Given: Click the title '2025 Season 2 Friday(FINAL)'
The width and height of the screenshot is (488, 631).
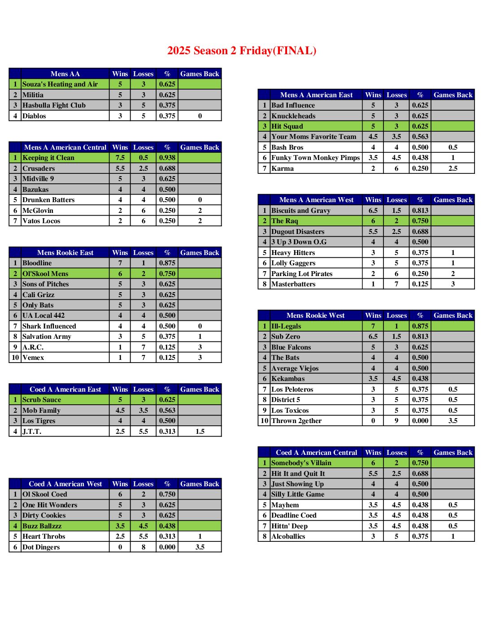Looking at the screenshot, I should click(x=242, y=51).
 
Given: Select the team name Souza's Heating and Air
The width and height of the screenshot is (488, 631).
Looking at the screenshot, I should click(x=60, y=84).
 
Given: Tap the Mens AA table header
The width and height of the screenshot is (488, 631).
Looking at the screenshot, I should click(x=65, y=74).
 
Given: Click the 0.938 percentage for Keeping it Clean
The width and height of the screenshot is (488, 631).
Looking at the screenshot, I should click(x=167, y=158).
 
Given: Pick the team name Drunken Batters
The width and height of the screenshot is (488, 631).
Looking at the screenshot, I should click(x=48, y=200).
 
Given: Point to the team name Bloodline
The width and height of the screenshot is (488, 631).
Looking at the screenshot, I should click(x=37, y=263).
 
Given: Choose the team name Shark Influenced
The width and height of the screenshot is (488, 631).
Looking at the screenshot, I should click(x=49, y=326).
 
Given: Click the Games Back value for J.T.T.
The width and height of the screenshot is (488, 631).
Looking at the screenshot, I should click(x=200, y=432).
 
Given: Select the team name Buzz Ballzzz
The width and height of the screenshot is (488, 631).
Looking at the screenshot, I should click(x=42, y=526).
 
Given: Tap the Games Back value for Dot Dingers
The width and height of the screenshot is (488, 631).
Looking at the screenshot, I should click(x=200, y=547).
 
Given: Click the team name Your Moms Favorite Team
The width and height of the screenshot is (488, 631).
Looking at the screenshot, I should click(x=314, y=137).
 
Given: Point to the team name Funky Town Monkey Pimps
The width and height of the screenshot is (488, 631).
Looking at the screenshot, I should click(x=315, y=158).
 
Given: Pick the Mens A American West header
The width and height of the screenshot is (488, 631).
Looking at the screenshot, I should click(x=316, y=200).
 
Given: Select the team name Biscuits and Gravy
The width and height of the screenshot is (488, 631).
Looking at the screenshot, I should click(x=301, y=211).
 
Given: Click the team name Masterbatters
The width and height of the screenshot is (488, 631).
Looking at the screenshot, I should click(x=293, y=284).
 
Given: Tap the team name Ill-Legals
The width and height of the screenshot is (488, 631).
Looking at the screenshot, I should click(x=286, y=326).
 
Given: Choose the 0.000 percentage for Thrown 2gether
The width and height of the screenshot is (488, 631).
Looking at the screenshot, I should click(x=420, y=421).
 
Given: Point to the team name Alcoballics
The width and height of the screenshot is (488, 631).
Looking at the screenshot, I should click(x=288, y=536).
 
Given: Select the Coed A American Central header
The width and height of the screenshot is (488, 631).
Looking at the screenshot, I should click(x=316, y=453).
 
